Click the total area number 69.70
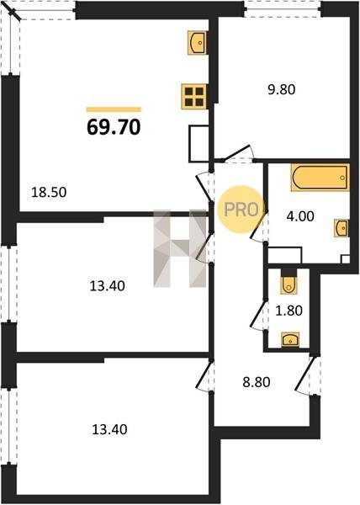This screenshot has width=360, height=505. coord(114,127)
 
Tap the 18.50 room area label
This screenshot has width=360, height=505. coord(49,192)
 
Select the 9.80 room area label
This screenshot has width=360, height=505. coord(282,89)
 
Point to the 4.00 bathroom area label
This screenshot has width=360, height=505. coord(300,216)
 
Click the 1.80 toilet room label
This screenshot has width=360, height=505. coord(289,311)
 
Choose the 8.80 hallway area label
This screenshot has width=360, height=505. coord(256,382)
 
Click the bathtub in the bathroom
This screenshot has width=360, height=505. coord(320,178)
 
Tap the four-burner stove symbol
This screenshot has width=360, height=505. coord(194,96)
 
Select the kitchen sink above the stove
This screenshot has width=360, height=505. coord(197,42)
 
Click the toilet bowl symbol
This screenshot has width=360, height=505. coord(289,285)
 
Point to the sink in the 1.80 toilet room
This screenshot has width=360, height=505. coord(290,340)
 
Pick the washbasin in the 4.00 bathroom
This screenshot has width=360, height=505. coord(341,228)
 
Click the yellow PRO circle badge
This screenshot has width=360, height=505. coord(241,210)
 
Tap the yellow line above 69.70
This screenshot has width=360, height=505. coord(114,109)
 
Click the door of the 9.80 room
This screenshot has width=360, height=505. coord(238,154)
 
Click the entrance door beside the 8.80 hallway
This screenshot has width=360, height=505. coord(307,375)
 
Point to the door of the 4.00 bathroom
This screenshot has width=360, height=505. coord(259,226)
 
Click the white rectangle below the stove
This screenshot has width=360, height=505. coord(199,143)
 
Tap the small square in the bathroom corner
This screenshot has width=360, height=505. coord(346,259)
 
